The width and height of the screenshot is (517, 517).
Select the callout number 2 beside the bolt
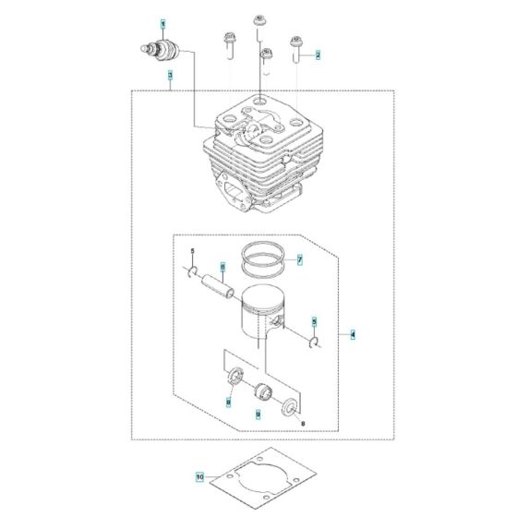pyautogui.click(x=319, y=55)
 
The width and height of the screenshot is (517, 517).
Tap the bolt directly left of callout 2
pyautogui.click(x=296, y=46)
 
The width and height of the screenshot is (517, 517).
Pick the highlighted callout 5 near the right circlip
pyautogui.click(x=313, y=322)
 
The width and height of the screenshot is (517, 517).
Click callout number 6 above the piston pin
pyautogui.click(x=222, y=268)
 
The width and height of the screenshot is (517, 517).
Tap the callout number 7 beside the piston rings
pyautogui.click(x=299, y=261)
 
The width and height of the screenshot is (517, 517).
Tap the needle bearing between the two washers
pyautogui.click(x=260, y=390)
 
